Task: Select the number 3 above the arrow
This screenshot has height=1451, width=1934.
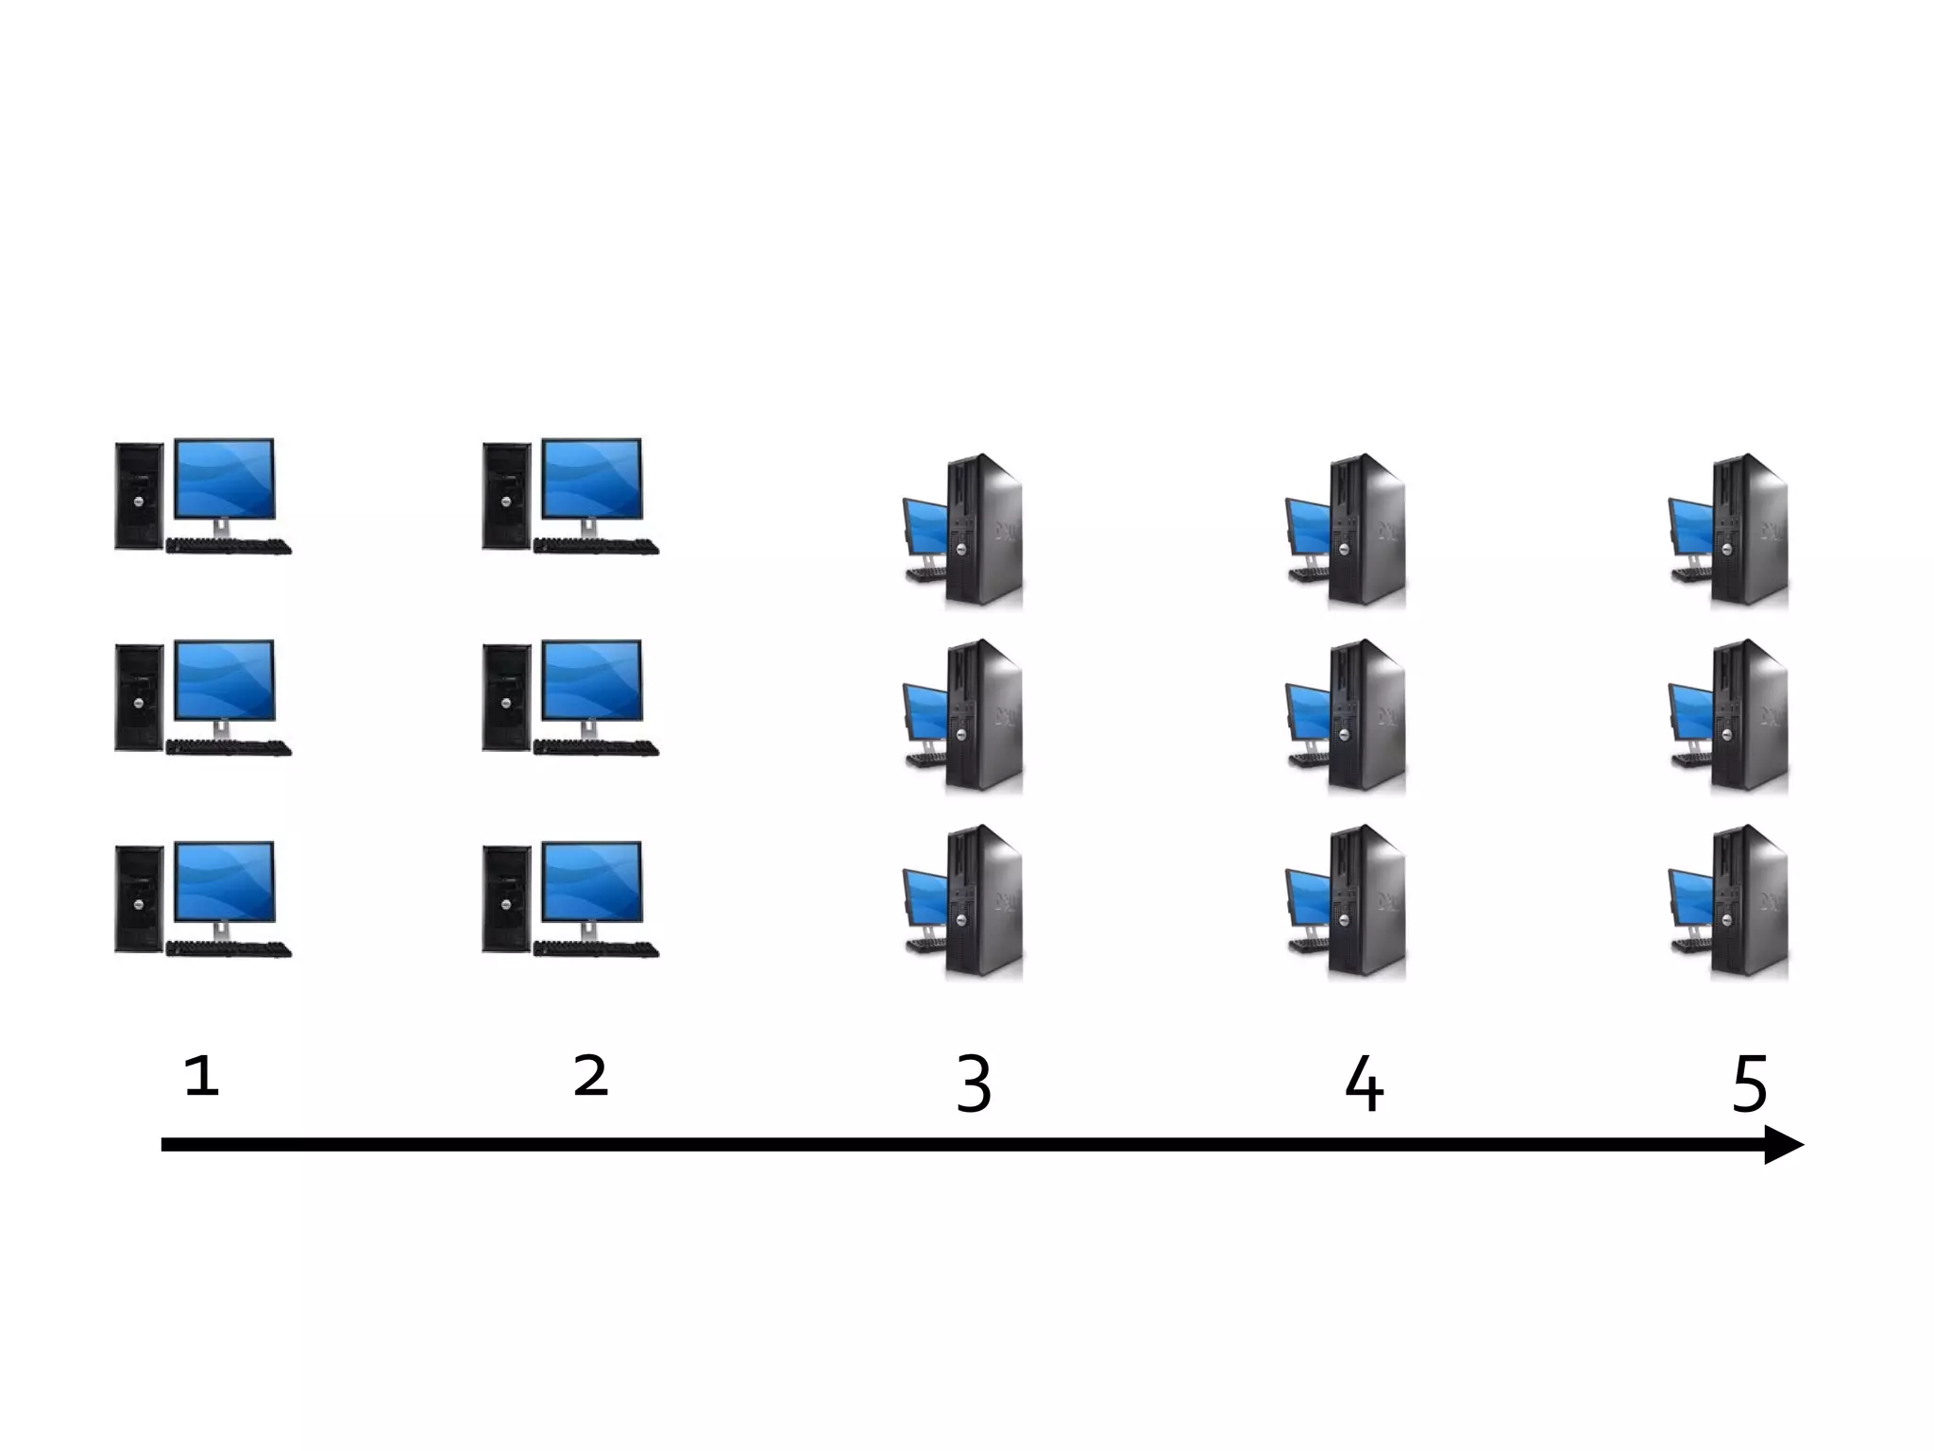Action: coord(974,1084)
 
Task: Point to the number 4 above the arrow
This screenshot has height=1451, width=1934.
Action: coord(1364,1084)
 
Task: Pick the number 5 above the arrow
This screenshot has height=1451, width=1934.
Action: coord(1750,1084)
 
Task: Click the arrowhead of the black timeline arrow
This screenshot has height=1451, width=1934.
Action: coord(1782,1145)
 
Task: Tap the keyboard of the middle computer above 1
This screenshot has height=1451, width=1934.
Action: coord(229,748)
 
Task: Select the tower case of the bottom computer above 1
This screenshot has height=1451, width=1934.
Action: coord(138,898)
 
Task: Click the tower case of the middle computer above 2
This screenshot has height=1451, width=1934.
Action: coord(506,697)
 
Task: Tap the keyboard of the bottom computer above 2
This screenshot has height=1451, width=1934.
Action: coord(596,949)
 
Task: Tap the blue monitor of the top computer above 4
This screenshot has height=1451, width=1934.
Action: coord(1308,526)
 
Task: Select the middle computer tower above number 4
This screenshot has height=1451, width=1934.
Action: coord(1367,715)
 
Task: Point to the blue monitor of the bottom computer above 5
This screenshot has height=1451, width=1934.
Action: coord(1690,897)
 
